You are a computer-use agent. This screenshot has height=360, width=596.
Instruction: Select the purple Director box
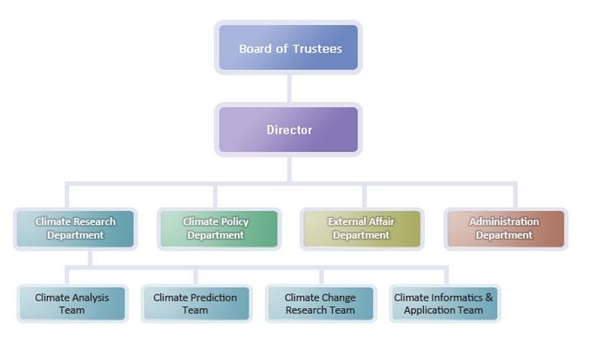click(x=288, y=130)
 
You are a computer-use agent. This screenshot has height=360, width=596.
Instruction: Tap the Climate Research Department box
click(x=76, y=228)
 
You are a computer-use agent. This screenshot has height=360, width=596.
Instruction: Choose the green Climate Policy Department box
click(x=215, y=228)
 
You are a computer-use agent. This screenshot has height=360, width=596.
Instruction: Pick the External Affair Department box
click(x=361, y=228)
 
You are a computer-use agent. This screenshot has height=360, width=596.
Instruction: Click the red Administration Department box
click(x=503, y=228)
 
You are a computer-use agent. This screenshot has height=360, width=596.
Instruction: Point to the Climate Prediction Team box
click(x=195, y=303)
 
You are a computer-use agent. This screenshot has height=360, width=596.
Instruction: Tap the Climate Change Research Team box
click(x=320, y=303)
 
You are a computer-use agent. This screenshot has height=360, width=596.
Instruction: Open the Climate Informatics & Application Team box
click(x=443, y=303)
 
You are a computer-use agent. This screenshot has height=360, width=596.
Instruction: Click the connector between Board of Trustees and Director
click(x=289, y=88)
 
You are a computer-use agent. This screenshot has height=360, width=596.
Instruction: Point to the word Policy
click(x=234, y=222)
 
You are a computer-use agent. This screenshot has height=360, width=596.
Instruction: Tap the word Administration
click(x=503, y=222)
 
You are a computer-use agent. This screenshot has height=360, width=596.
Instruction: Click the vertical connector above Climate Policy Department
click(x=215, y=196)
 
